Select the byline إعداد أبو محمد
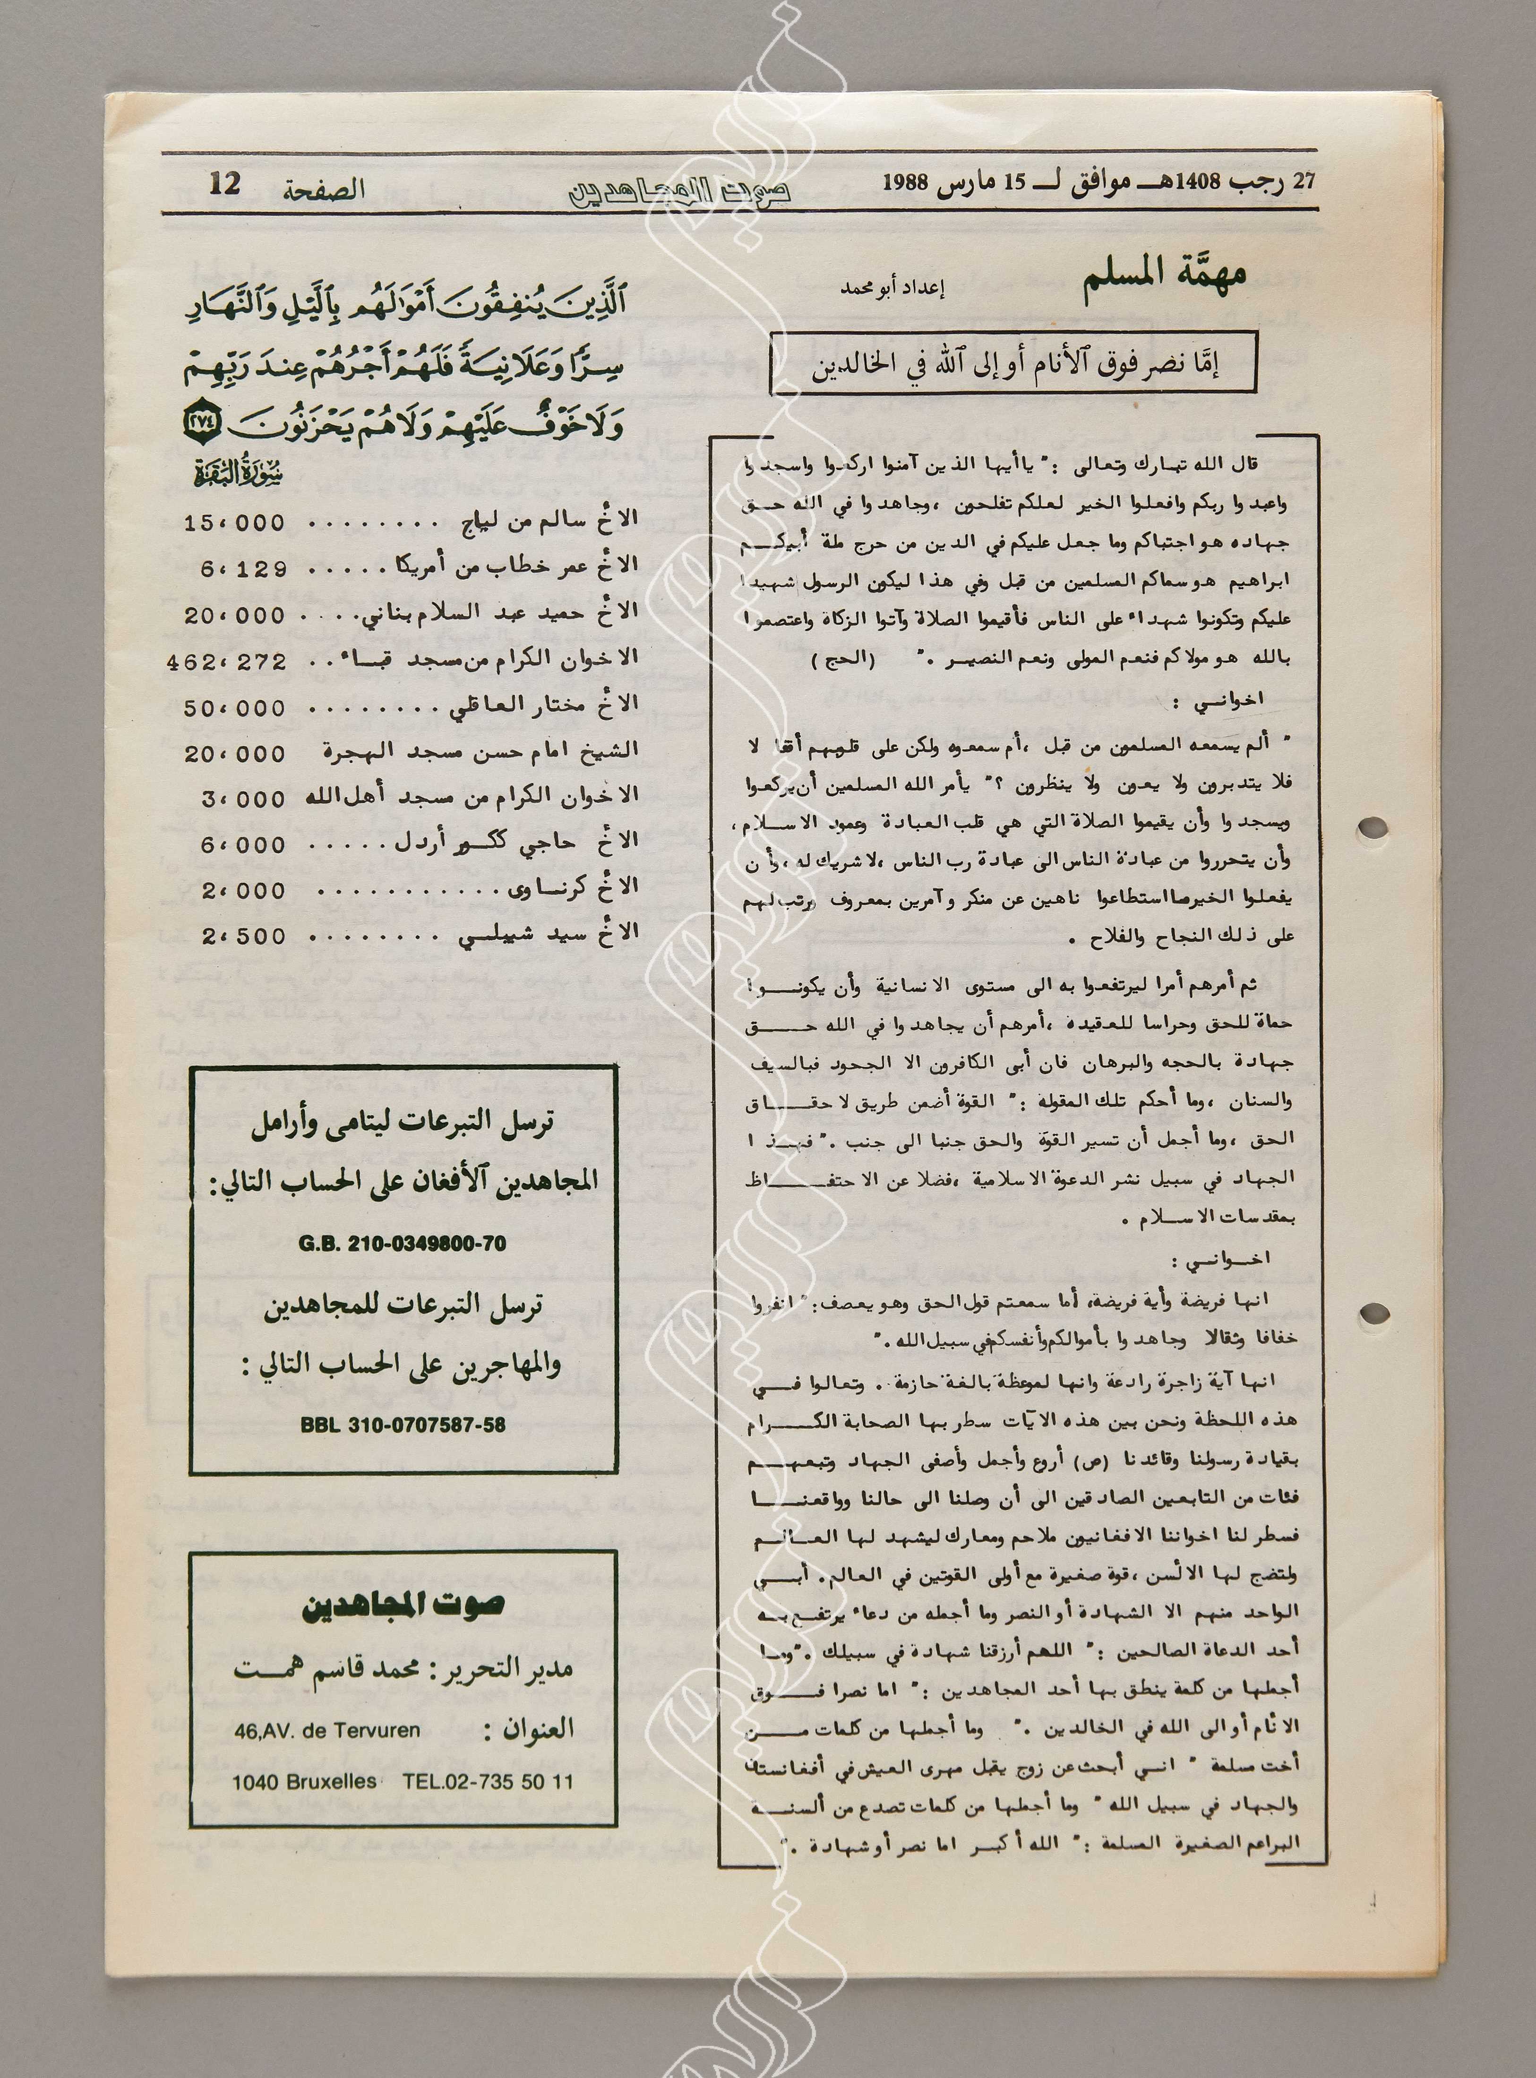891,289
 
